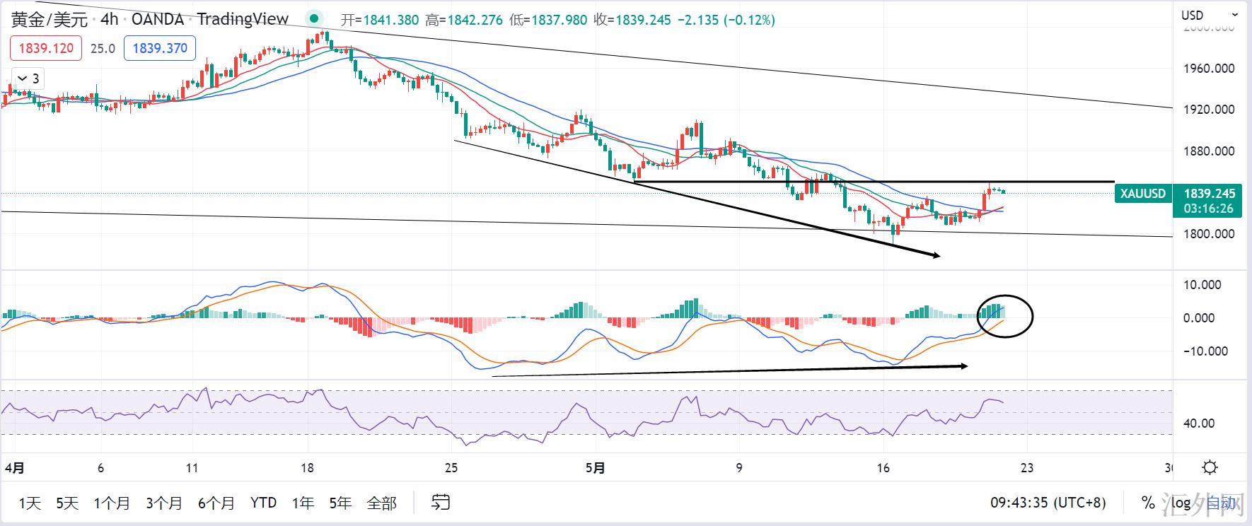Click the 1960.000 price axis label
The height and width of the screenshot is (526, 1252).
pos(1208,69)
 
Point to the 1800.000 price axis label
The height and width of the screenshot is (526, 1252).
pos(1208,234)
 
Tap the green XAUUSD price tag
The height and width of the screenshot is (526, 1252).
pos(1142,194)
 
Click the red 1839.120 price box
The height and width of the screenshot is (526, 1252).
pos(46,48)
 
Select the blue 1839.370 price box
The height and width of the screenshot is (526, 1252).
pos(160,48)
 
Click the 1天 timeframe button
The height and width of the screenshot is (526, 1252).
pos(30,503)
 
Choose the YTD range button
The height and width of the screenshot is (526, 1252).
pos(263,503)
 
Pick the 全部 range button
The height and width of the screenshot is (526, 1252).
pos(381,503)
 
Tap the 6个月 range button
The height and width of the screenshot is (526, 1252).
pos(216,503)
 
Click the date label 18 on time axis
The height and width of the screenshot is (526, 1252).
pos(307,468)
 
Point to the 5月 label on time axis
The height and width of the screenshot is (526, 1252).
pos(596,468)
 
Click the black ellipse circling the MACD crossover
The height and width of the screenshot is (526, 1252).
pos(1005,315)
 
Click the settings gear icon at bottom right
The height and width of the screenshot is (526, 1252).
pos(1210,467)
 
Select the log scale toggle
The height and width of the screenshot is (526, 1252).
pos(1181,503)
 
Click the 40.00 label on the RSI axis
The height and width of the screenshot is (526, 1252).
pos(1199,423)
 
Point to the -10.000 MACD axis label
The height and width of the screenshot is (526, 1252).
pos(1205,351)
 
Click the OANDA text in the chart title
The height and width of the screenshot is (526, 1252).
pos(157,19)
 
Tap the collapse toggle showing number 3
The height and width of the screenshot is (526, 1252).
pos(28,78)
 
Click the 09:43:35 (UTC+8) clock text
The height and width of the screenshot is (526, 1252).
pos(1048,503)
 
